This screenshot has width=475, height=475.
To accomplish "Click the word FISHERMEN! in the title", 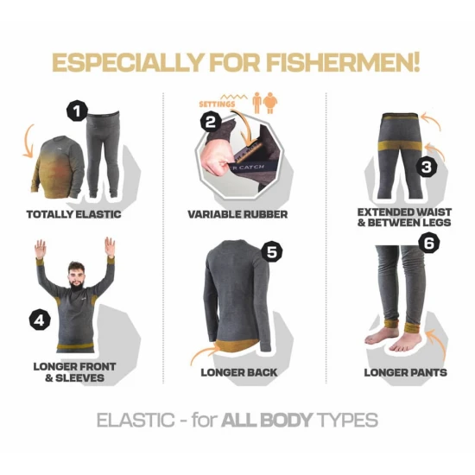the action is [343, 62].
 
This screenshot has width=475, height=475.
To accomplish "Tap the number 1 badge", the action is [77, 111].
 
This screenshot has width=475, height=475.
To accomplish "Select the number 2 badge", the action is [211, 123].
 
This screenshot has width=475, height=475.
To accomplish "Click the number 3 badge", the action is [427, 167].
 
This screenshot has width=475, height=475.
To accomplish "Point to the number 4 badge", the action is [40, 320].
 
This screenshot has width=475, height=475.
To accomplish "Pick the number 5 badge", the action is [272, 251].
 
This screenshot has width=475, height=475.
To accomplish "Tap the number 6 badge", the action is [429, 243].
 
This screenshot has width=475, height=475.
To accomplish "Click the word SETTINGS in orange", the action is [217, 104].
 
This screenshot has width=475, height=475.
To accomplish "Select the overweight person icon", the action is [270, 103].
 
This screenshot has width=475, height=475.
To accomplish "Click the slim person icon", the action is [257, 103].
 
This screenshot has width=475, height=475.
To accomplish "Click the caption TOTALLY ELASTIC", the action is [74, 214].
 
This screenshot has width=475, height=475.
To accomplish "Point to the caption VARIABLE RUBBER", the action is [237, 214].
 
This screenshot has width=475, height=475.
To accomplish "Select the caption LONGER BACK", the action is [239, 372].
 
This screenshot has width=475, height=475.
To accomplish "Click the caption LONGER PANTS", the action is [406, 372].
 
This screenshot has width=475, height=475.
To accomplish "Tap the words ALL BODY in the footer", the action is [267, 420].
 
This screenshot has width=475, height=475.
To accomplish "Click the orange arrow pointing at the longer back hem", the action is [204, 352].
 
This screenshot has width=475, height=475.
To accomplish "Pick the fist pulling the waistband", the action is [214, 160].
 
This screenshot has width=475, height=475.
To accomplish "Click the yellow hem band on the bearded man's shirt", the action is [75, 346].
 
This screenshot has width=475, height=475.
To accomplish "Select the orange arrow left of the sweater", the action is [27, 142].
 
